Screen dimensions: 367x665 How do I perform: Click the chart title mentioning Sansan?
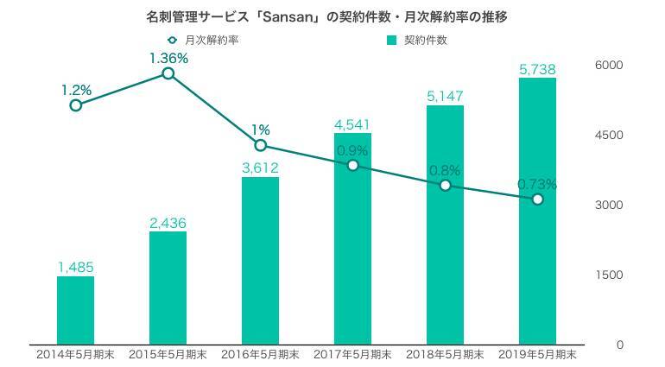[332, 16]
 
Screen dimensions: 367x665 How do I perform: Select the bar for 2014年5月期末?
[75, 310]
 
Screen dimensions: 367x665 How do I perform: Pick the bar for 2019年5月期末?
[537, 211]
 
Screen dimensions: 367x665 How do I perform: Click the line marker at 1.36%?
[168, 73]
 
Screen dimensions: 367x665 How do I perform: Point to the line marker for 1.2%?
[76, 105]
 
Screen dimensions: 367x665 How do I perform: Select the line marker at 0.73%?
[537, 199]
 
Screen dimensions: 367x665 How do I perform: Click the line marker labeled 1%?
[261, 145]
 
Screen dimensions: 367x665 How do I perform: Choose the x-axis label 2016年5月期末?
[260, 354]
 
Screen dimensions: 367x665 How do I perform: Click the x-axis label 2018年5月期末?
[445, 354]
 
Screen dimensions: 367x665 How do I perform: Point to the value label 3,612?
[260, 167]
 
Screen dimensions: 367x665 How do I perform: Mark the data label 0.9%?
[352, 150]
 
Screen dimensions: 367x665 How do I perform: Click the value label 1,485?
[75, 266]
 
